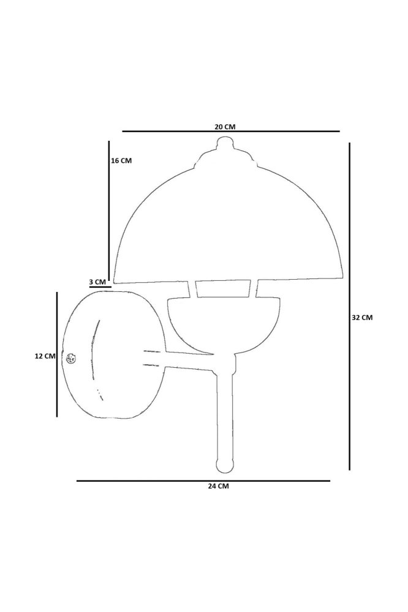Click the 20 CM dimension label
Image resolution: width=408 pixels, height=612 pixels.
(x=225, y=127)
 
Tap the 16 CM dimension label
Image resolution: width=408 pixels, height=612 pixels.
(x=121, y=160)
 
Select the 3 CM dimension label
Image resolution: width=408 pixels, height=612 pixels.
(x=97, y=282)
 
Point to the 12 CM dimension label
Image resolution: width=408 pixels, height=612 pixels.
(x=45, y=356)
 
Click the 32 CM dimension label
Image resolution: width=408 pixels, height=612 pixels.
(x=362, y=317)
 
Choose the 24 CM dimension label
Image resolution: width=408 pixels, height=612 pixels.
(x=219, y=486)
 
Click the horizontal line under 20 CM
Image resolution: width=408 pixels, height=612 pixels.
(x=231, y=131)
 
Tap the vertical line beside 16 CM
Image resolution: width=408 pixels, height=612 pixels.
(x=109, y=209)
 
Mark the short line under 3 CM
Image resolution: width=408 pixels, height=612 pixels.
(x=100, y=287)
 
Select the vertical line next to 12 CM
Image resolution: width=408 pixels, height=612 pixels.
(x=57, y=354)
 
